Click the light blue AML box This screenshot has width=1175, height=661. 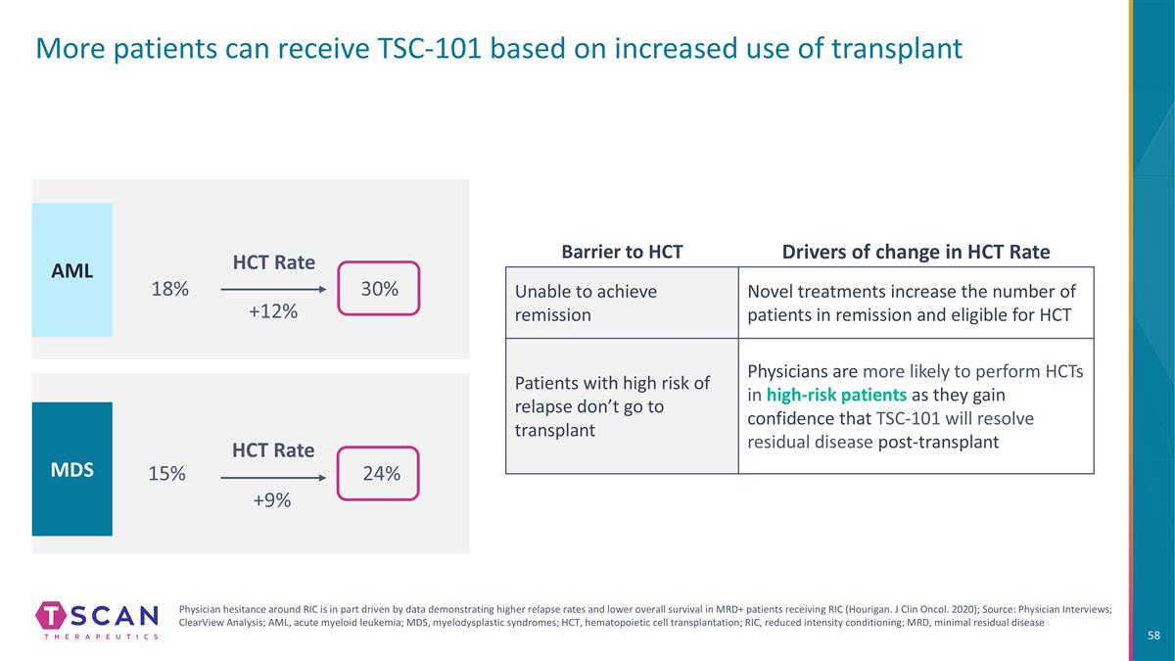71,269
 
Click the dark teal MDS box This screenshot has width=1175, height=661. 71,469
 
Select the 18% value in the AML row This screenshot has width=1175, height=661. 170,289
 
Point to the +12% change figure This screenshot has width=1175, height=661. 273,311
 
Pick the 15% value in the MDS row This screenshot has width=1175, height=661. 166,473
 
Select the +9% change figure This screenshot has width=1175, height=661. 272,500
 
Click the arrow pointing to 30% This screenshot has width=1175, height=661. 273,289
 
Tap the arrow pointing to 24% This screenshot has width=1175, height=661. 273,478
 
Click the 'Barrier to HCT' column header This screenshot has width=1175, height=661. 622,252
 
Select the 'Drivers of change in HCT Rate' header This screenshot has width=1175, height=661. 916,252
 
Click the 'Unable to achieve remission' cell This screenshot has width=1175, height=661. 622,303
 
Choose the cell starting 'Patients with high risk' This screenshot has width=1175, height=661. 622,406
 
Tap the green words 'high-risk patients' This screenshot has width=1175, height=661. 836,395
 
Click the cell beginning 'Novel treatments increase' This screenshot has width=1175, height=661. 916,303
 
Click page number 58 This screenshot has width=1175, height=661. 1154,636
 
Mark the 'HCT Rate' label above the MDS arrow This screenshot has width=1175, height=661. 273,450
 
